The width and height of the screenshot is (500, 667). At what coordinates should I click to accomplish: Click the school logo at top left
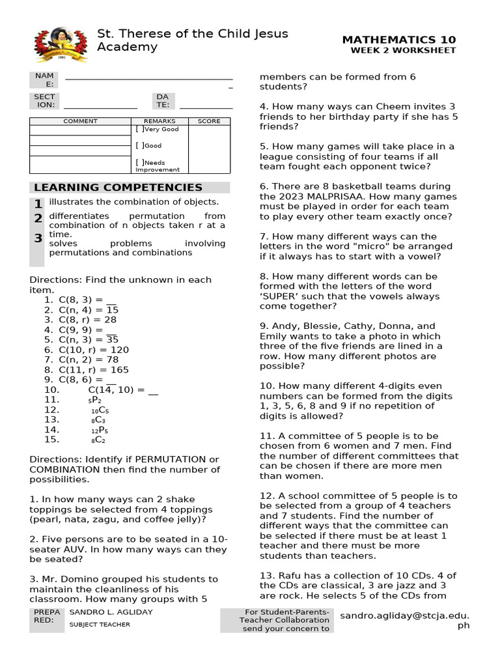pyautogui.click(x=61, y=43)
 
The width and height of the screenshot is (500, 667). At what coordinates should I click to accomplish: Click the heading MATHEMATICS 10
pyautogui.click(x=399, y=40)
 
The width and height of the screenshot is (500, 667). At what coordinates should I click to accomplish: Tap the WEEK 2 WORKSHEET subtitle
pyautogui.click(x=403, y=51)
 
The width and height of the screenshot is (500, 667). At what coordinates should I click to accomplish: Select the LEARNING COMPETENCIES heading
pyautogui.click(x=118, y=188)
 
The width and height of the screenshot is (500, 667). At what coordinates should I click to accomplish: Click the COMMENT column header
pyautogui.click(x=80, y=121)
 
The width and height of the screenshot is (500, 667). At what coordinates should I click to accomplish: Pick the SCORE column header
pyautogui.click(x=209, y=121)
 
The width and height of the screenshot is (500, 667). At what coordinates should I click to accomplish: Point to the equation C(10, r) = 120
pyautogui.click(x=94, y=350)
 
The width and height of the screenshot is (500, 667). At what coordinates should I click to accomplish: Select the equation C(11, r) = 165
pyautogui.click(x=94, y=369)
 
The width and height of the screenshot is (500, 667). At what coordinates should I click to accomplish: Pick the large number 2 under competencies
pyautogui.click(x=38, y=218)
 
